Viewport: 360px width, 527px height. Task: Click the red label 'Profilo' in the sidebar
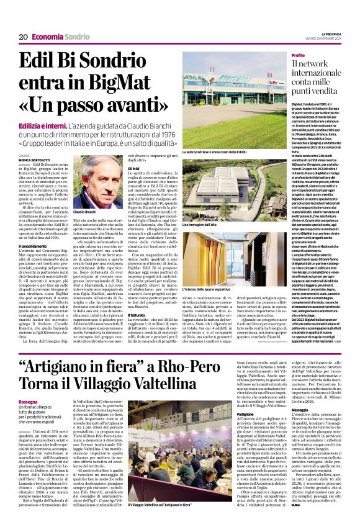pyautogui.click(x=298, y=56)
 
